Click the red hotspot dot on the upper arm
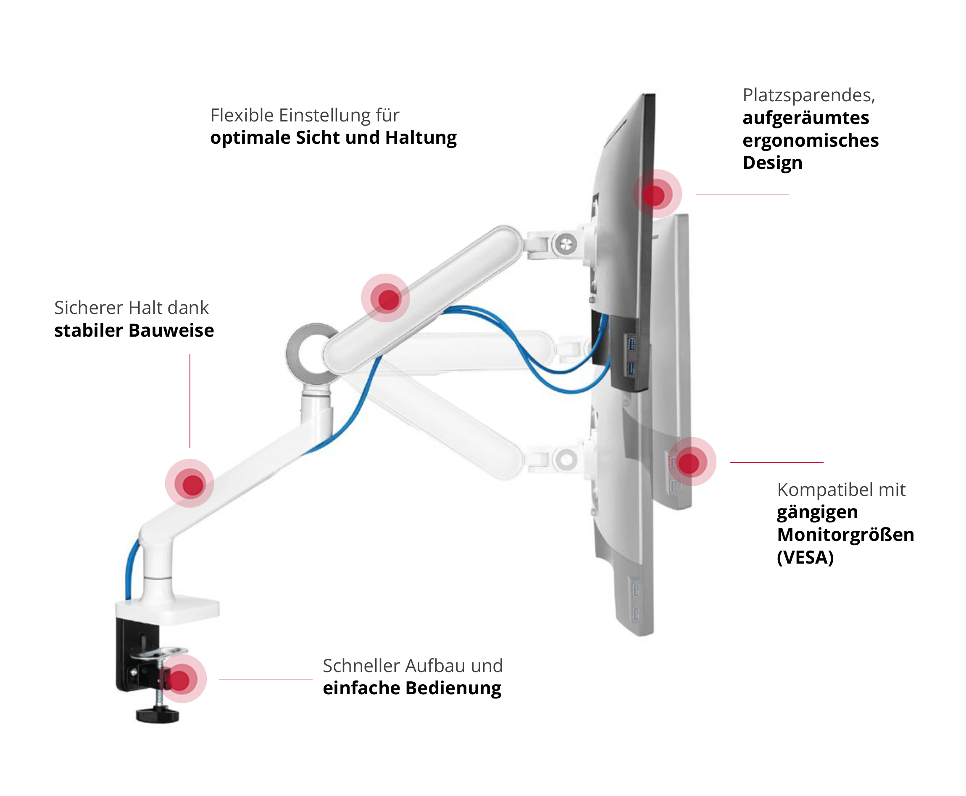(388, 298)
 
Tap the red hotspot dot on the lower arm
(192, 484)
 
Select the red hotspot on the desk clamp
(180, 680)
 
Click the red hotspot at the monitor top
(655, 195)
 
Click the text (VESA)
(805, 557)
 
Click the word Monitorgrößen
(845, 535)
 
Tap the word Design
(772, 163)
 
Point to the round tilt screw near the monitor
(566, 243)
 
